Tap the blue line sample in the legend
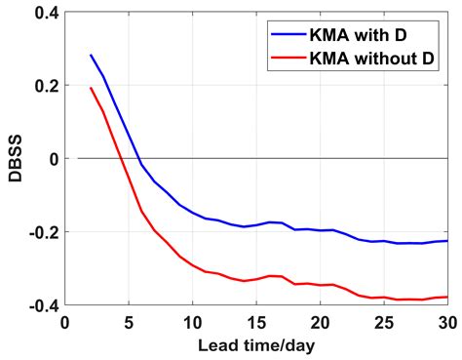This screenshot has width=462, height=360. pyautogui.click(x=291, y=35)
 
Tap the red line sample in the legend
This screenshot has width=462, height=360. pyautogui.click(x=291, y=60)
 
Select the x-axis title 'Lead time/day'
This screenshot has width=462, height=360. pyautogui.click(x=256, y=346)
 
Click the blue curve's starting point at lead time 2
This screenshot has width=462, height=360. pyautogui.click(x=91, y=56)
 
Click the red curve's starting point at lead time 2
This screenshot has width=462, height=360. pyautogui.click(x=91, y=89)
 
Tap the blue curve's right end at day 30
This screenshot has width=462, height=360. pyautogui.click(x=447, y=241)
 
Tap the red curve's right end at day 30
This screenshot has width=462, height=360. pyautogui.click(x=447, y=297)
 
